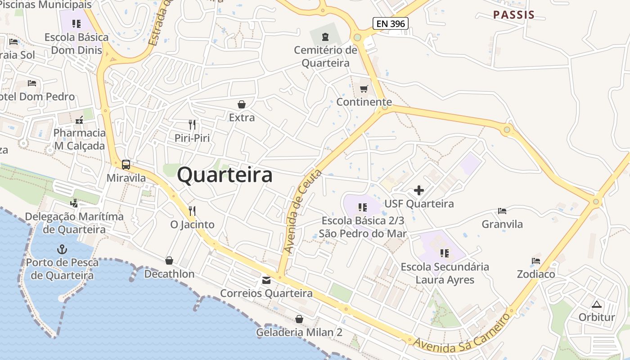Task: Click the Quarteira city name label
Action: click(x=225, y=175)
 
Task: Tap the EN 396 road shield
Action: click(x=390, y=23)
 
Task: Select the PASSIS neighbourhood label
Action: click(x=514, y=15)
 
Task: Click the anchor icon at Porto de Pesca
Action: click(x=62, y=249)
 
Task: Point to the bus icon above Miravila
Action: click(x=126, y=165)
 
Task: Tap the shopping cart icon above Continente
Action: click(x=364, y=89)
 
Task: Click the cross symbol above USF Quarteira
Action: click(x=419, y=190)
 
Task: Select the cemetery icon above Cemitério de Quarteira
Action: click(x=325, y=36)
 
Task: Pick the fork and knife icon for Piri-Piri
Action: click(x=192, y=125)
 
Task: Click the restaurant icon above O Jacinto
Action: click(x=192, y=211)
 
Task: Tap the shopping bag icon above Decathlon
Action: click(x=169, y=261)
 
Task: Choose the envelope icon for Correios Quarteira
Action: click(x=266, y=280)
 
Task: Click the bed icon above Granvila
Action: click(x=502, y=211)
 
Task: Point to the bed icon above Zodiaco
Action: click(x=535, y=261)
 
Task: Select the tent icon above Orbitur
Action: click(x=597, y=304)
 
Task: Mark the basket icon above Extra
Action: click(x=242, y=104)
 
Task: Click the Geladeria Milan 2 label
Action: click(x=299, y=333)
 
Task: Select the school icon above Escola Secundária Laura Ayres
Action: click(x=445, y=253)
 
